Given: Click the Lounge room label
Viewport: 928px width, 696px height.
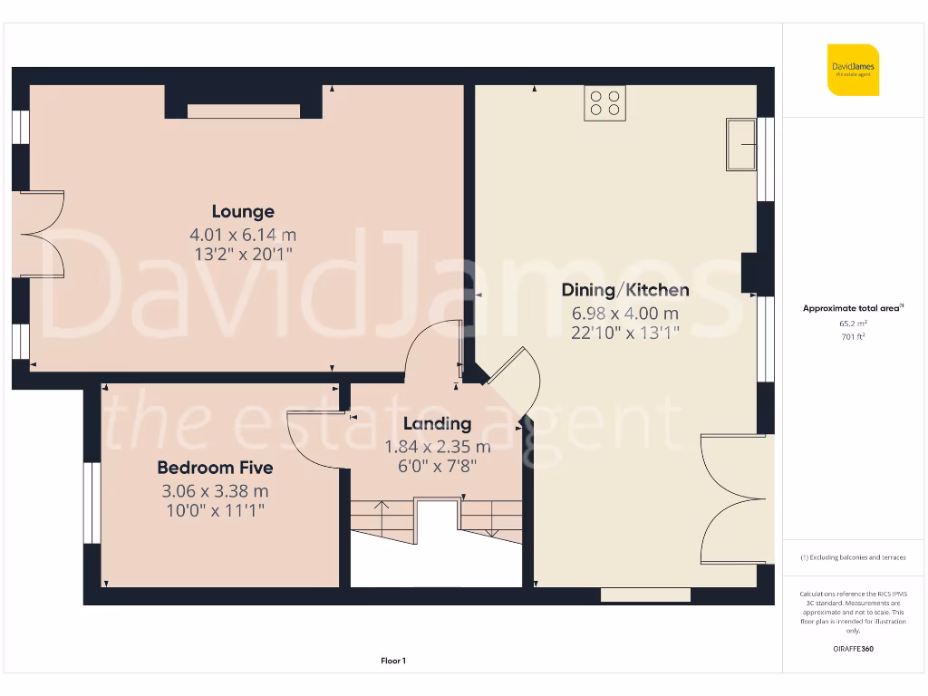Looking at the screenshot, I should coord(243,212).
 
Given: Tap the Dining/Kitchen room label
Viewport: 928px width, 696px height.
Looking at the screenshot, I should coord(625,290).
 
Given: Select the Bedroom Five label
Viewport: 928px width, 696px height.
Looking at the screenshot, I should coord(215,468).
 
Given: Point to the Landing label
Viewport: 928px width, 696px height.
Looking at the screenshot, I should coord(437,423).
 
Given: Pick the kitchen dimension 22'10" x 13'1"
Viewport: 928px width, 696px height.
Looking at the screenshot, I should coord(625,333).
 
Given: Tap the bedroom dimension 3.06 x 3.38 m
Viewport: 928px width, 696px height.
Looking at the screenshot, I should coord(215,491).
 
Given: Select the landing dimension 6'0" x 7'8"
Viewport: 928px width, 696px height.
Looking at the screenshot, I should coord(437,467).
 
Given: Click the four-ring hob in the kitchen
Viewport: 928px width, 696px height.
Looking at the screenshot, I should coord(604,102).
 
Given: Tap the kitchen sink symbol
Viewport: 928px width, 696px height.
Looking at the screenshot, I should coord(741,144).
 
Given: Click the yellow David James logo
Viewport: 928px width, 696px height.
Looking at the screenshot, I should coord(853,69).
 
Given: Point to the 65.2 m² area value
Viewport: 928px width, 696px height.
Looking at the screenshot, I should coord(853,323).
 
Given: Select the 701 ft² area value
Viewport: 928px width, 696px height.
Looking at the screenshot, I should coord(853,336).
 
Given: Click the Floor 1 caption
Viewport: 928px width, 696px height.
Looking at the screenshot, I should coord(393,662).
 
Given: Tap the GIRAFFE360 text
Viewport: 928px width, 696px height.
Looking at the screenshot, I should coord(853,649).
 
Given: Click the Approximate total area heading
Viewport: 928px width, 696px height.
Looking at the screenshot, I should coord(853,308).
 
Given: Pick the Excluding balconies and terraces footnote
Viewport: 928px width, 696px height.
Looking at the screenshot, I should coord(853,557).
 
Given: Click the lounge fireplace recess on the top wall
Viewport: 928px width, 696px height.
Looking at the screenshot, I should coord(243,111).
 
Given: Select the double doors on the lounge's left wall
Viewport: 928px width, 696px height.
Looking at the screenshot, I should coord(41,234).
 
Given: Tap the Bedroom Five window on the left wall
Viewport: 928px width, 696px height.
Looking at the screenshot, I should coord(92,503).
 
